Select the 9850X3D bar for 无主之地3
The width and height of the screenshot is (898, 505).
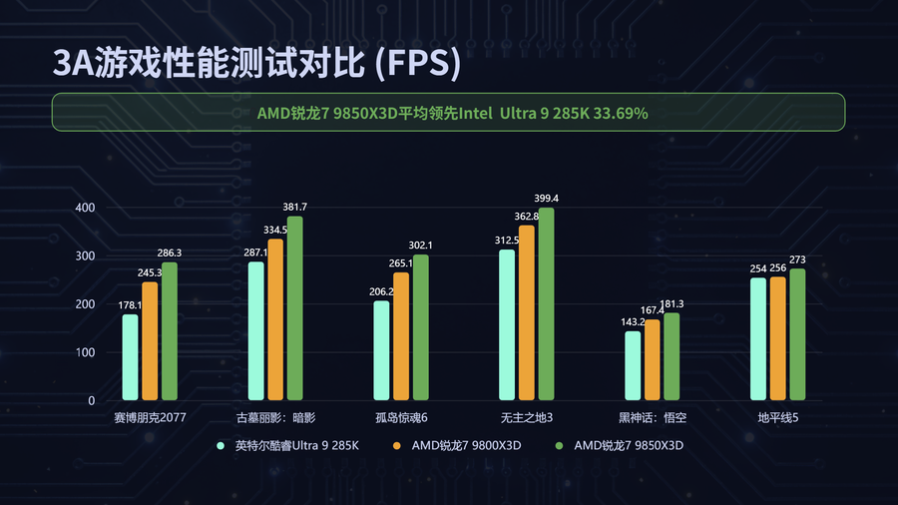coord(546,304)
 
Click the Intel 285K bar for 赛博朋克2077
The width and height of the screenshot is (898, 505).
coord(131,357)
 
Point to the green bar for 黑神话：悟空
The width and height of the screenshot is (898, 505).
coord(672,356)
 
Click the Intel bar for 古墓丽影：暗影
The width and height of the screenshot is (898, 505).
coord(256,331)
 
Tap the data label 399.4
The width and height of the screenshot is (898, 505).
coord(547,199)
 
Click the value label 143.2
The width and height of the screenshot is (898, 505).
coord(632,322)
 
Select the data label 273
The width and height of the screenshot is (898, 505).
coord(797,260)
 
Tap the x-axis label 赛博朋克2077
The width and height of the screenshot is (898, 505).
coord(151,416)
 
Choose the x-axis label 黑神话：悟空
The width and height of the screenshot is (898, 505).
coord(653,416)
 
